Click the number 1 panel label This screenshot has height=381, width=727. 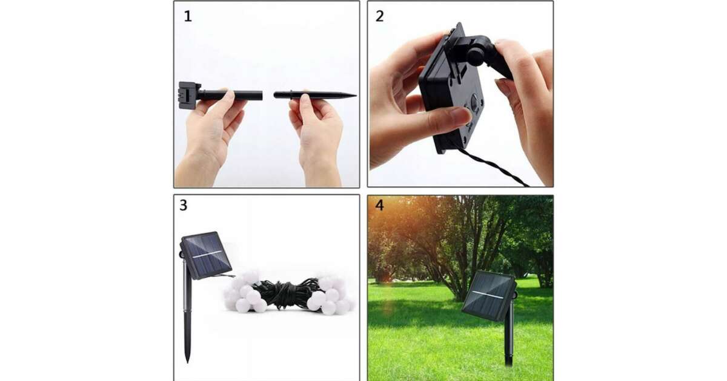point(188,16)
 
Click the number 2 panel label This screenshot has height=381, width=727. point(379,16)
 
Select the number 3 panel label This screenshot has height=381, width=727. point(184,205)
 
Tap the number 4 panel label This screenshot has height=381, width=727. point(379,205)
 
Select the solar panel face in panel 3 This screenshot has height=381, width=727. point(206,255)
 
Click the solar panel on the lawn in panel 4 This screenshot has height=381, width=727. point(488,296)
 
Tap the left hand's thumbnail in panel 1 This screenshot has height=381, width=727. point(230,95)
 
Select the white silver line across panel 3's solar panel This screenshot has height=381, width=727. point(207,254)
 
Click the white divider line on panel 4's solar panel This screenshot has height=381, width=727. point(488,294)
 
